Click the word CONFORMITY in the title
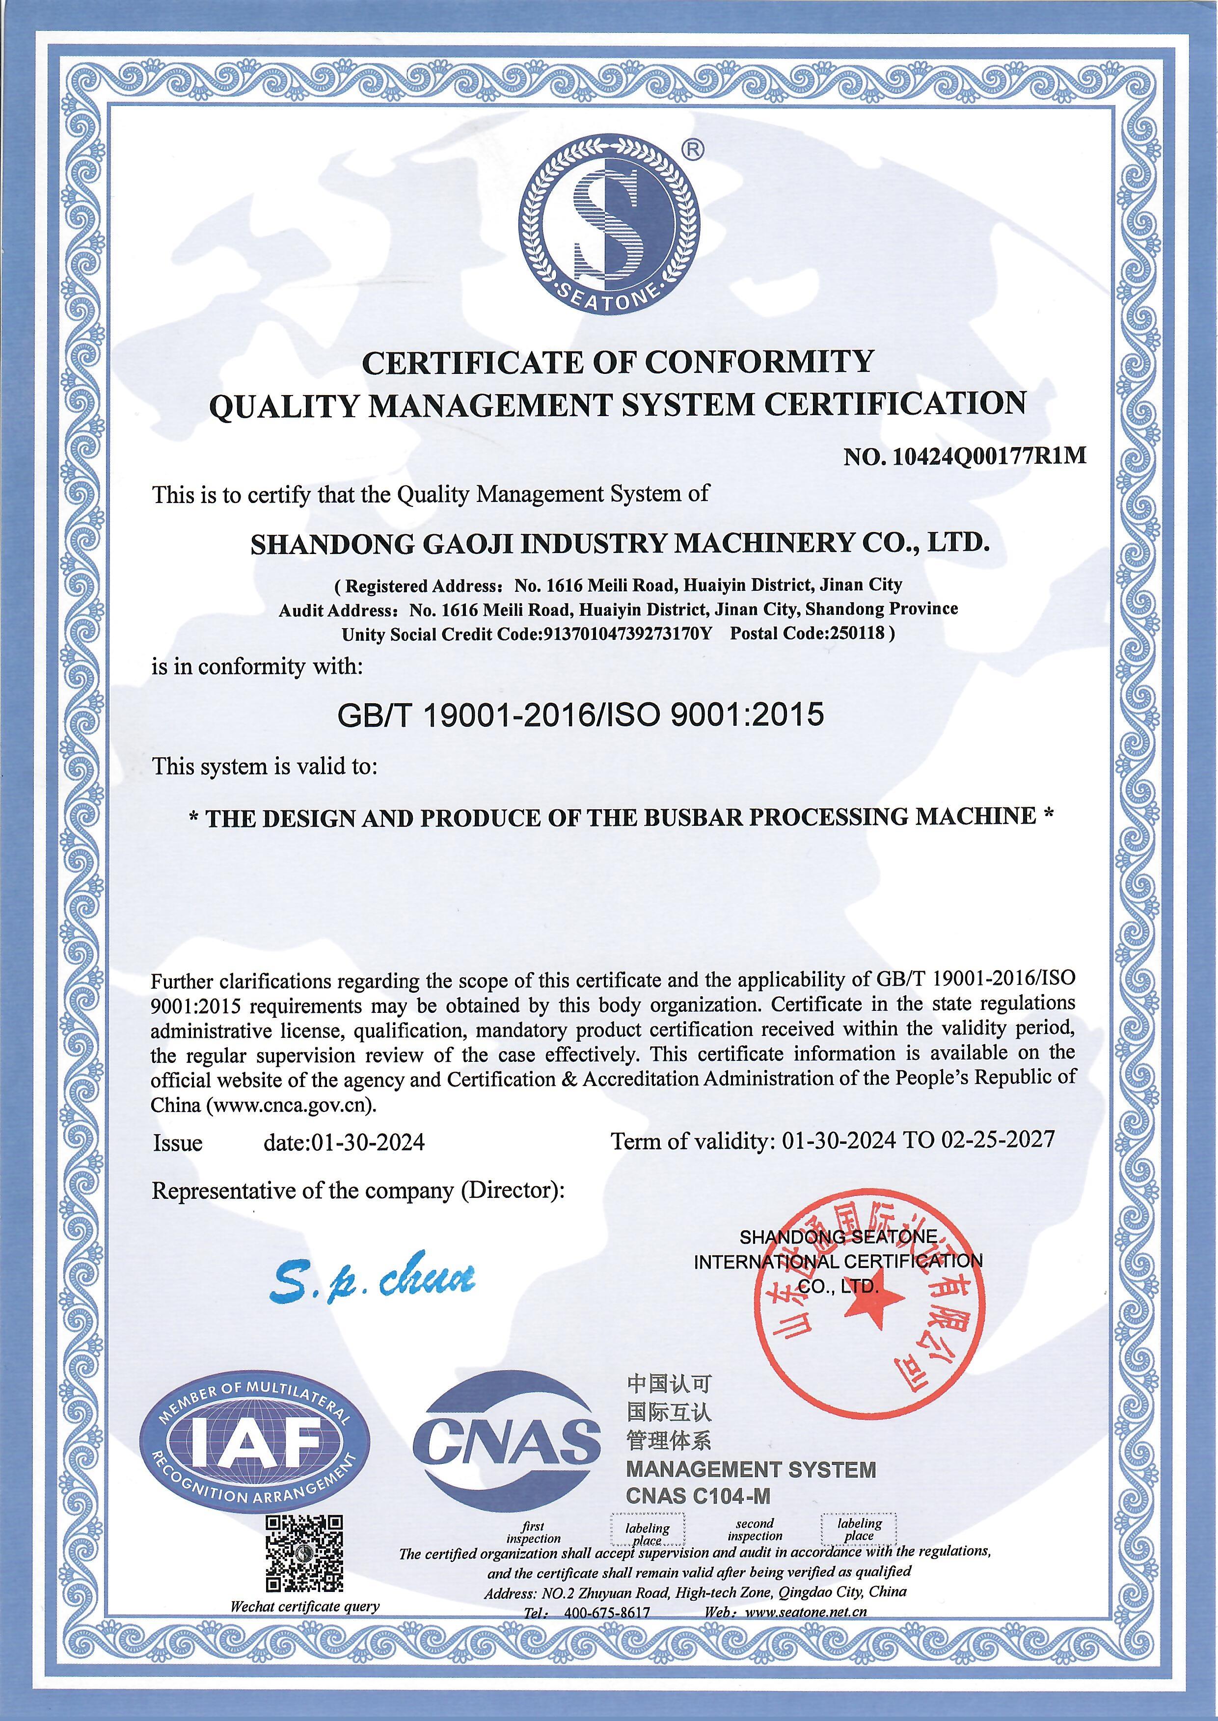click(x=759, y=362)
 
